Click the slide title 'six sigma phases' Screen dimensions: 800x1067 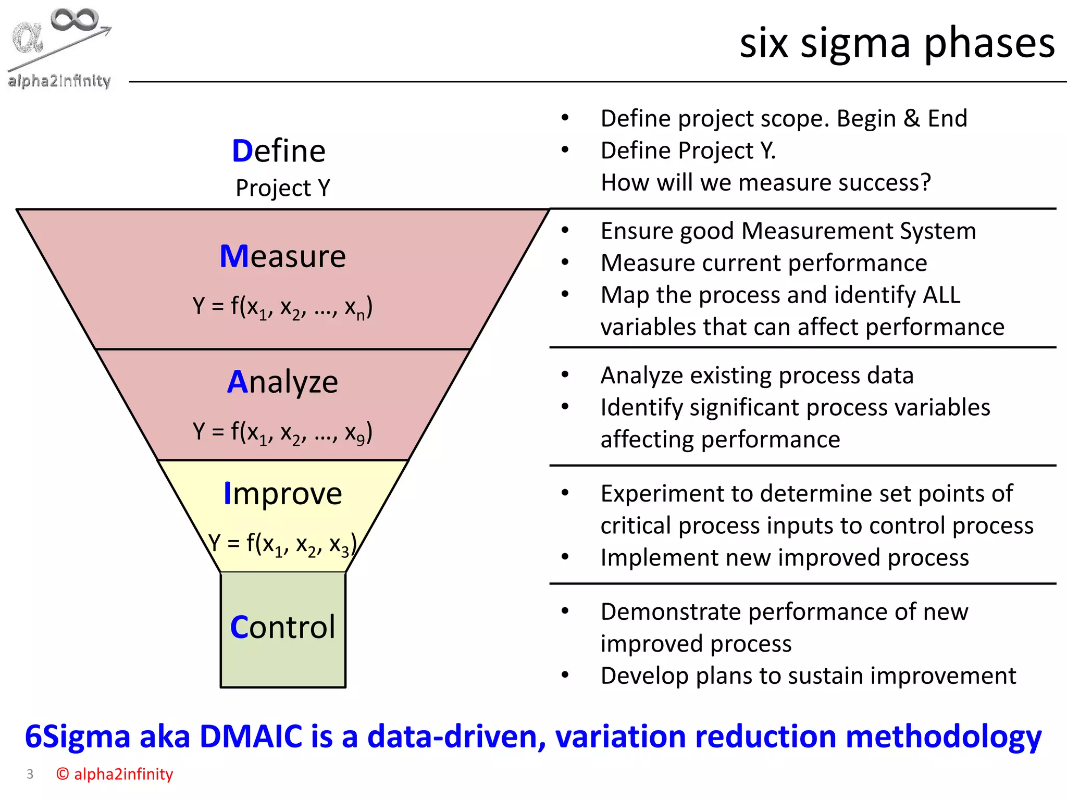tap(897, 43)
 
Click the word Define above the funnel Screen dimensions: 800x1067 tap(279, 151)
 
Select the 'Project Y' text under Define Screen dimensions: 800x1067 tap(283, 188)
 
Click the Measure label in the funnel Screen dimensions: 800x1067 tap(282, 256)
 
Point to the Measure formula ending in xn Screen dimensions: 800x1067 tap(282, 307)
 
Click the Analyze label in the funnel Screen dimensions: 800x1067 tap(282, 382)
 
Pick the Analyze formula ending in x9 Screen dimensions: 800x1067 tap(282, 432)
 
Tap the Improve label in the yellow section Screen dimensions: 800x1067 tap(282, 493)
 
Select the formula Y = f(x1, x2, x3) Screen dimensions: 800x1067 tap(282, 544)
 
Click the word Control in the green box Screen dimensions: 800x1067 tap(282, 627)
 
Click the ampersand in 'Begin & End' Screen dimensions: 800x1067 tap(911, 119)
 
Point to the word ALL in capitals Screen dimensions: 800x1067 tap(941, 295)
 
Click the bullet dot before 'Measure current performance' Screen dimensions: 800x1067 tap(565, 262)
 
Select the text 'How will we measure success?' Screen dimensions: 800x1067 tap(765, 183)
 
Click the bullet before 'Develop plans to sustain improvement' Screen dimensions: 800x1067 tap(565, 676)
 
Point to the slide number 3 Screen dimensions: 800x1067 tap(30, 774)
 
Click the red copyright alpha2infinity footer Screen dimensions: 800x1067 tap(115, 774)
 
